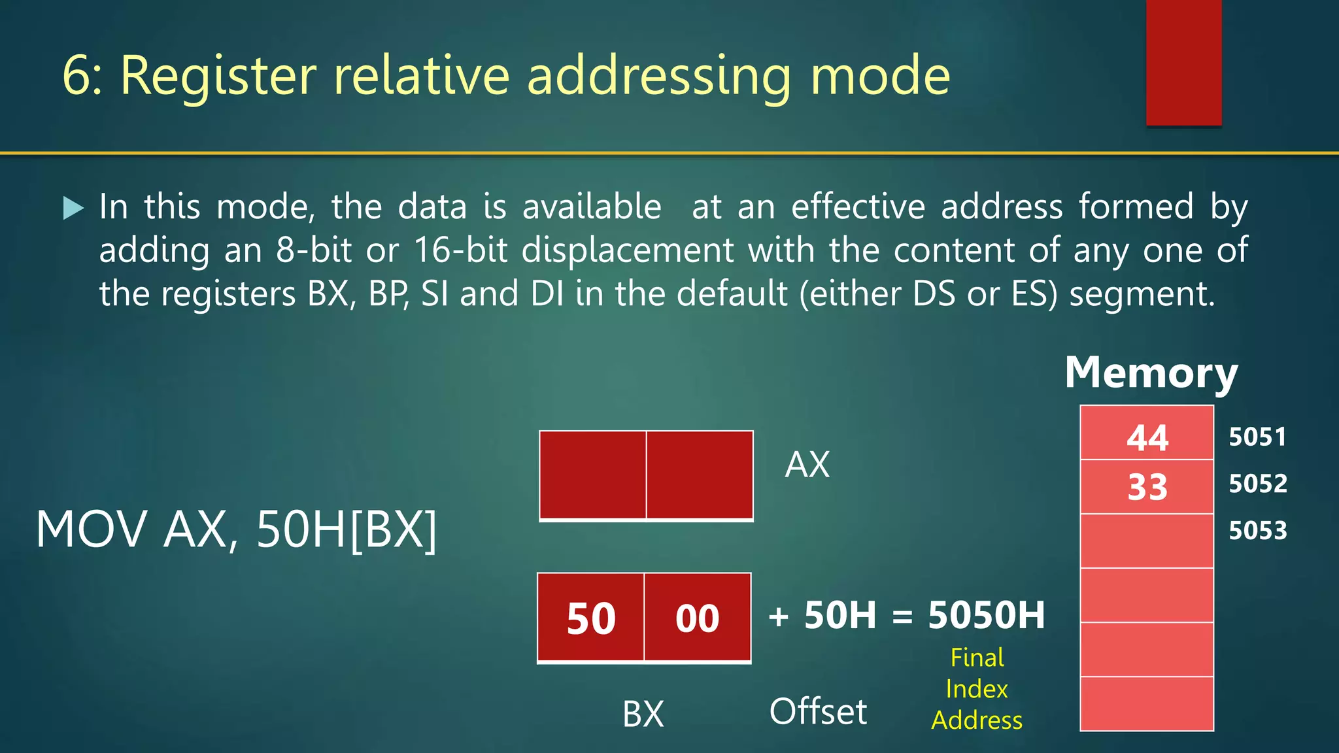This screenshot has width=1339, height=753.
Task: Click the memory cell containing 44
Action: (x=1147, y=437)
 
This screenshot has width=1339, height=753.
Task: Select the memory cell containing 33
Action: (x=1147, y=487)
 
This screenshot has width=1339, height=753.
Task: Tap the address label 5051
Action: (x=1257, y=437)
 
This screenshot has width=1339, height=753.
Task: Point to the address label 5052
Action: (x=1257, y=484)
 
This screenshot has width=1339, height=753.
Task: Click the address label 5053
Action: (x=1257, y=530)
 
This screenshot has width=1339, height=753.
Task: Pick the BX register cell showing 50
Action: (x=591, y=618)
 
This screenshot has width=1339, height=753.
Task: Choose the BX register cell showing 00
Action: (x=697, y=618)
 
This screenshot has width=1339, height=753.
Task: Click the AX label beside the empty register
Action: (x=807, y=465)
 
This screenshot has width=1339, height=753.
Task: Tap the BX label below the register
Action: (x=643, y=713)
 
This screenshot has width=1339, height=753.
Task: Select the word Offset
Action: (x=818, y=711)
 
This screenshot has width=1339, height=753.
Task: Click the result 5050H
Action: (x=986, y=615)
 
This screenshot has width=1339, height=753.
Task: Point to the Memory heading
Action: (x=1151, y=373)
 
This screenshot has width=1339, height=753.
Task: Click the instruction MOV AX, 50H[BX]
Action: (x=236, y=529)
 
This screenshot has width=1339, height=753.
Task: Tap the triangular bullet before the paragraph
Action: (x=73, y=209)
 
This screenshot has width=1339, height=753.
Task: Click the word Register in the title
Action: (x=218, y=76)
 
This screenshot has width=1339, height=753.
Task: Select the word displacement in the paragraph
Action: (x=628, y=250)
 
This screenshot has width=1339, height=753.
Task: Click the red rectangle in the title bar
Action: (x=1183, y=63)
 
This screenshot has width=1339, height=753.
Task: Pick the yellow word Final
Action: (x=977, y=658)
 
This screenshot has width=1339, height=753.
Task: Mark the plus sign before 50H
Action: (x=778, y=616)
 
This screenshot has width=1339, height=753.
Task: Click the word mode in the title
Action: (x=879, y=76)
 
